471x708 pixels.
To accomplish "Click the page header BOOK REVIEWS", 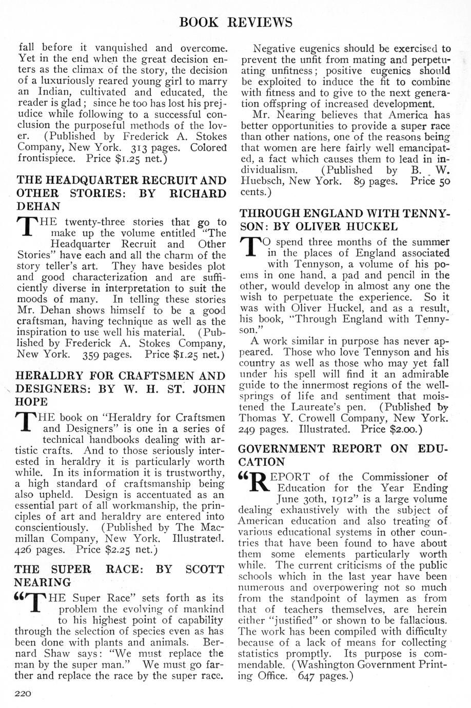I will [x=236, y=22].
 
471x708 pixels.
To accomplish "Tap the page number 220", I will [x=24, y=693].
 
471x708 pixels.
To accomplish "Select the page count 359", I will [x=93, y=354].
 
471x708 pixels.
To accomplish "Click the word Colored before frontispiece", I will [x=207, y=148].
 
